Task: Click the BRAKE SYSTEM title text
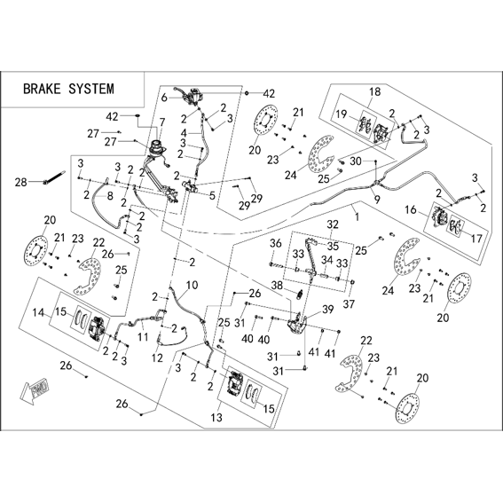[x=68, y=89]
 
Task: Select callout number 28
[x=21, y=183]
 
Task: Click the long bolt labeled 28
[x=54, y=177]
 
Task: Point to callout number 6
[x=164, y=98]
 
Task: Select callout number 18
[x=374, y=91]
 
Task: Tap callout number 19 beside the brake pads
[x=342, y=114]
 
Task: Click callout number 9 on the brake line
[x=377, y=200]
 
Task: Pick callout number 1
[x=357, y=216]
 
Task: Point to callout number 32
[x=333, y=224]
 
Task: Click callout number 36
[x=276, y=243]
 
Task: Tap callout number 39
[x=328, y=310]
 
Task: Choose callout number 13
[x=216, y=418]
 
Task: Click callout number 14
[x=39, y=312]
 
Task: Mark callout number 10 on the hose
[x=193, y=285]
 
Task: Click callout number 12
[x=158, y=358]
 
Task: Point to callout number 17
[x=476, y=239]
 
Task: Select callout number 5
[x=212, y=196]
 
